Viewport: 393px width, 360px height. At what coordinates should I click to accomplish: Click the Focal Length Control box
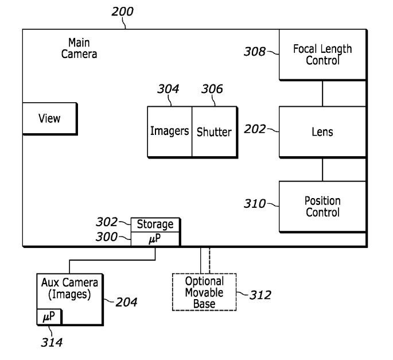[322, 55]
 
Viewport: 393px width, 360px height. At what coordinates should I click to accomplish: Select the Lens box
[322, 132]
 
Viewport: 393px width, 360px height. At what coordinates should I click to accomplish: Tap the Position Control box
[322, 207]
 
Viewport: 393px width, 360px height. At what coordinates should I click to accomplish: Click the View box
[49, 119]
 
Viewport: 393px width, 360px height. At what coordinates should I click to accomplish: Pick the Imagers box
[170, 131]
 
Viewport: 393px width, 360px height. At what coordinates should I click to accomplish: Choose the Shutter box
[214, 131]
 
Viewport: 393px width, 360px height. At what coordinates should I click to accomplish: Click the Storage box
[155, 224]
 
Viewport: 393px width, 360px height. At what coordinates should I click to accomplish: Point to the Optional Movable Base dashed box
[204, 292]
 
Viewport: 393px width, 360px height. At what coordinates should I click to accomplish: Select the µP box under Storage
[155, 238]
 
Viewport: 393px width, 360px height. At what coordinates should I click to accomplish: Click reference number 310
[255, 203]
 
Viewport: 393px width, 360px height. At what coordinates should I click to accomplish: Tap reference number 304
[168, 89]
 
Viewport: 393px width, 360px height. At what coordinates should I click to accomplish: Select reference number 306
[211, 89]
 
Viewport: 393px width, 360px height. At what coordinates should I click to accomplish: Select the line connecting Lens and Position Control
[322, 169]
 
